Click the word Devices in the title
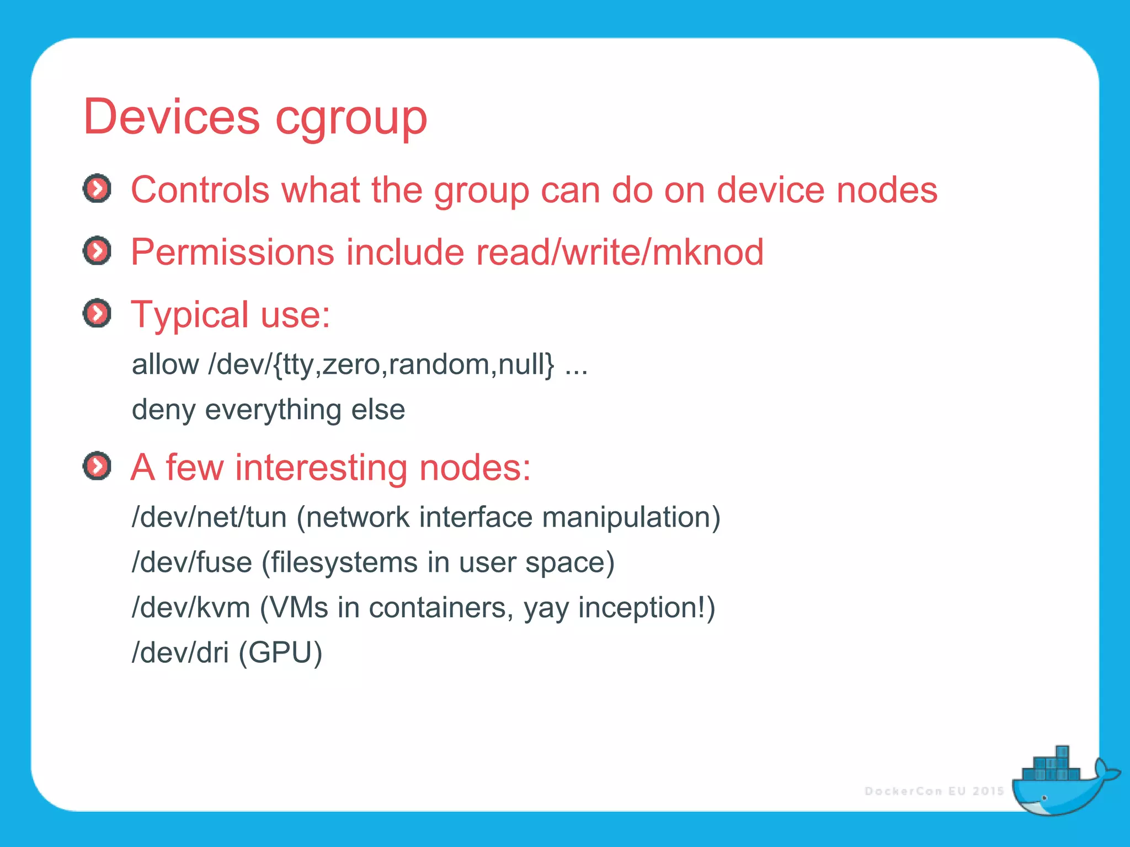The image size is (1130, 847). (x=171, y=117)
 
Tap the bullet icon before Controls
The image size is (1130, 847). (x=97, y=189)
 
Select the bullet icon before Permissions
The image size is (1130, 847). (x=97, y=251)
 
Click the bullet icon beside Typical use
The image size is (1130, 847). (x=97, y=314)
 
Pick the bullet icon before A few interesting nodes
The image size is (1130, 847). (x=97, y=467)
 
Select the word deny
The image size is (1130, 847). (x=163, y=410)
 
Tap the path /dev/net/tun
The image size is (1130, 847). (x=209, y=518)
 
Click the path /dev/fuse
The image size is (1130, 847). (x=191, y=563)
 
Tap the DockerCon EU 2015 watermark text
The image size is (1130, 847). (x=934, y=791)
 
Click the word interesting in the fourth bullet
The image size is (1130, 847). (x=321, y=468)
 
